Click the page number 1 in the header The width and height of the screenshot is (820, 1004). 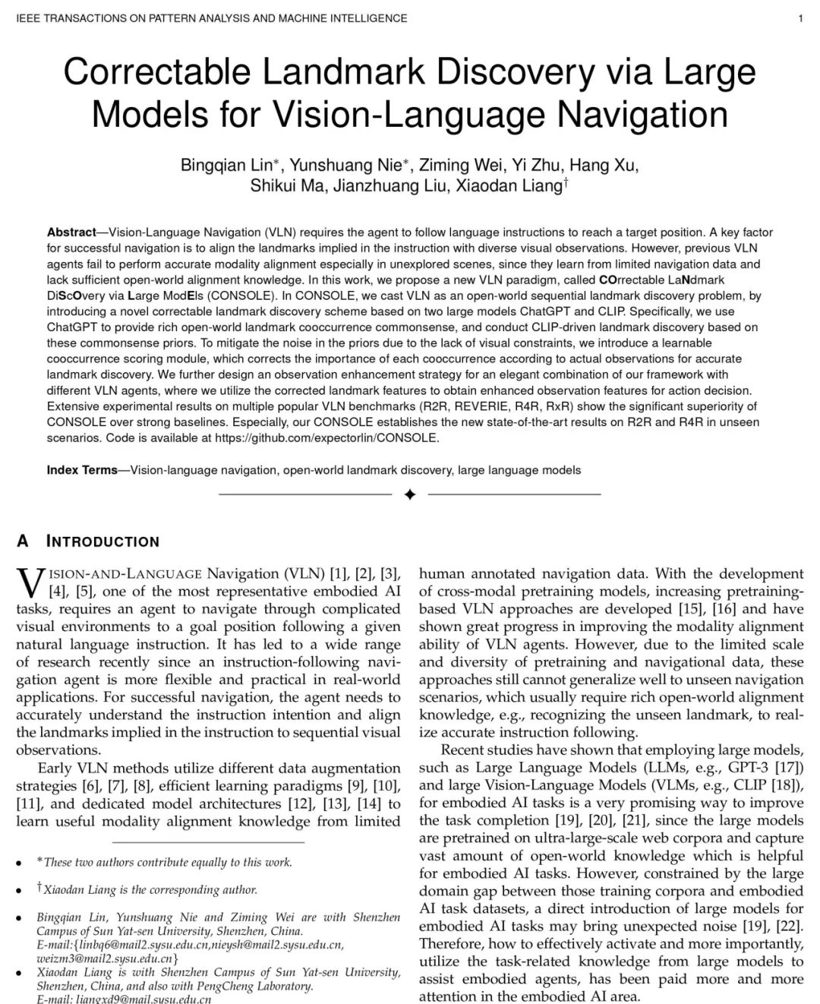800,18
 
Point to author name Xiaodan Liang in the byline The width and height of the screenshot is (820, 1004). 508,186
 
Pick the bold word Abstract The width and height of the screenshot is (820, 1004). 71,232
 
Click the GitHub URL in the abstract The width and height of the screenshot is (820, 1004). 327,437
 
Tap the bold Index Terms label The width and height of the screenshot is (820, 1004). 82,470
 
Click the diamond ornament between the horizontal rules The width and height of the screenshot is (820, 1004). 410,495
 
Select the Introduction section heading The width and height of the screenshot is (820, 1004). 102,541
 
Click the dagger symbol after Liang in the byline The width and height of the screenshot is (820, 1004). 566,183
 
